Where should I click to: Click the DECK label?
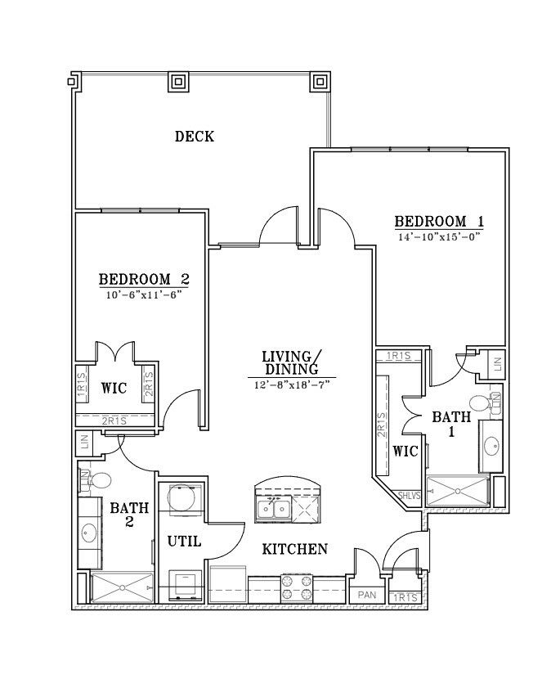(x=195, y=137)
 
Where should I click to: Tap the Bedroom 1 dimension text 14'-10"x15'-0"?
(x=440, y=237)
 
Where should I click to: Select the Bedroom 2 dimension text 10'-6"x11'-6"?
(x=143, y=295)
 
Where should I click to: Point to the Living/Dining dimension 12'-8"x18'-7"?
(x=292, y=384)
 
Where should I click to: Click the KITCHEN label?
(x=295, y=549)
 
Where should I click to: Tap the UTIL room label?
(x=185, y=542)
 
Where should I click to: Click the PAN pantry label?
(x=367, y=595)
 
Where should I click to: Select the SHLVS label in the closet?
(x=409, y=496)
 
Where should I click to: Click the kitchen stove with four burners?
(x=297, y=587)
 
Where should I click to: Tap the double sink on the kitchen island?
(x=274, y=508)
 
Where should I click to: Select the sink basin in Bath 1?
(x=491, y=446)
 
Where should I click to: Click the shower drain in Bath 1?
(x=457, y=491)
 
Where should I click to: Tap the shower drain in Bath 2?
(x=123, y=587)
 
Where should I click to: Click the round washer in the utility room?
(x=181, y=498)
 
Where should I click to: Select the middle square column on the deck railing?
(x=178, y=81)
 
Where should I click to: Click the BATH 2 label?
(x=129, y=515)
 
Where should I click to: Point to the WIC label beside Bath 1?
(x=405, y=452)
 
